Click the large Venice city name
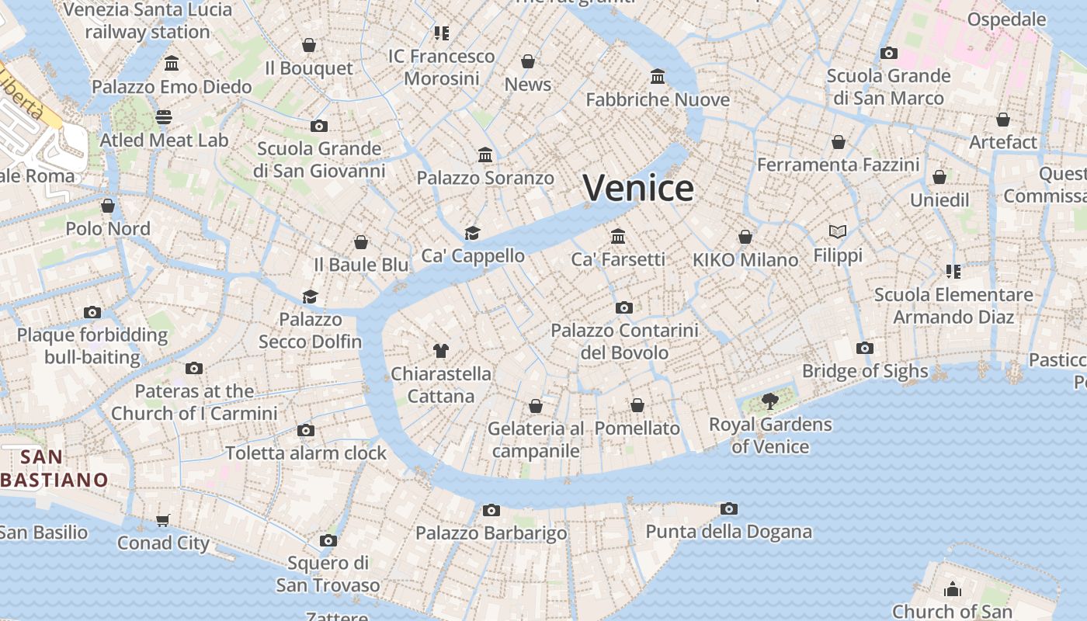point(638,189)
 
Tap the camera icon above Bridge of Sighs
point(865,348)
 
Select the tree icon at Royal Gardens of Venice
point(769,401)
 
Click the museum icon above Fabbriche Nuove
point(658,76)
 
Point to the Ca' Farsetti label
point(618,259)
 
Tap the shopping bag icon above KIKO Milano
point(745,237)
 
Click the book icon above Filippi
point(837,231)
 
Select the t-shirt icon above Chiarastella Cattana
point(441,350)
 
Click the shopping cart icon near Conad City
point(163,520)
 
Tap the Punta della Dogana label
point(728,532)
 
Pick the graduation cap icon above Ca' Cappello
point(472,233)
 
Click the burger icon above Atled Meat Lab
point(164,117)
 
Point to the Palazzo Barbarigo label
point(491,533)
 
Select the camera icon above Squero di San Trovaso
point(328,540)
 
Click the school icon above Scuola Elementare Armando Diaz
point(953,272)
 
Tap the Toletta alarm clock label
point(306,453)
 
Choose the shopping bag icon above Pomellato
point(637,405)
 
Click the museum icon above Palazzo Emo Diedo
point(172,63)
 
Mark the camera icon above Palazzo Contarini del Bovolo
point(623,307)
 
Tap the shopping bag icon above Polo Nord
point(108,206)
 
